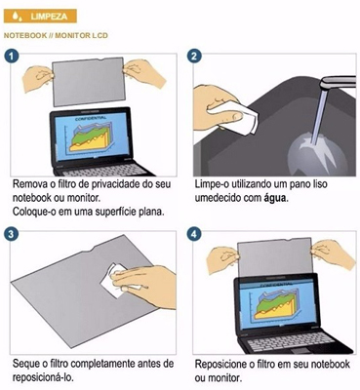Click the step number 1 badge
11,57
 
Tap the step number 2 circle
194,57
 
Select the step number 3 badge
11,234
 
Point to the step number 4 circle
194,234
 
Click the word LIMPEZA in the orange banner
49,17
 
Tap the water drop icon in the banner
17,17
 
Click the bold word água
275,198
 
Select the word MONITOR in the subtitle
70,35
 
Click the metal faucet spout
338,82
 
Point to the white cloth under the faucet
236,115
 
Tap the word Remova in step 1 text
27,184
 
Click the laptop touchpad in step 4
300,350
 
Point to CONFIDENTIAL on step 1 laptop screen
91,118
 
